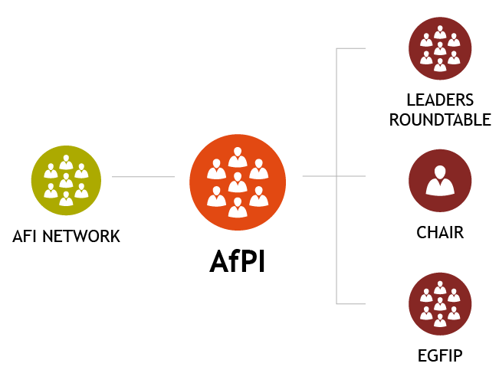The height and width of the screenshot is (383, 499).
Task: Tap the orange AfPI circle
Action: pyautogui.click(x=237, y=181)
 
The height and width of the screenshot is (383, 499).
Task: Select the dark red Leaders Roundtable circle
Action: pyautogui.click(x=440, y=48)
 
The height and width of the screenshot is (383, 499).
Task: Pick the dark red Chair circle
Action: pyautogui.click(x=440, y=181)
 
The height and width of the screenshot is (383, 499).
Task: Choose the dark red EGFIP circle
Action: pyautogui.click(x=440, y=303)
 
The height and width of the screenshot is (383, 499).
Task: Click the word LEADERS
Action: pyautogui.click(x=440, y=100)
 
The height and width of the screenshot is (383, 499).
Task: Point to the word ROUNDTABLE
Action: pyautogui.click(x=440, y=119)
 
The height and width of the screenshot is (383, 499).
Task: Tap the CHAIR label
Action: pyautogui.click(x=440, y=231)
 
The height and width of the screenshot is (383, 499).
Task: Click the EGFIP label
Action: pyautogui.click(x=440, y=355)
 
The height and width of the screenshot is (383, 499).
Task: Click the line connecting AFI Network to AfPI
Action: pyautogui.click(x=143, y=178)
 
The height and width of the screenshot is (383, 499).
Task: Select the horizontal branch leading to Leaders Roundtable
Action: pyautogui.click(x=352, y=48)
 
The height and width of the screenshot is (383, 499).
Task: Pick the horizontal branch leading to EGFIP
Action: pyautogui.click(x=352, y=303)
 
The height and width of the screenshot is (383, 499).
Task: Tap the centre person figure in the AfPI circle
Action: pyautogui.click(x=237, y=182)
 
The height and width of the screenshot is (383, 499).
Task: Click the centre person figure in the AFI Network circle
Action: pyautogui.click(x=66, y=180)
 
